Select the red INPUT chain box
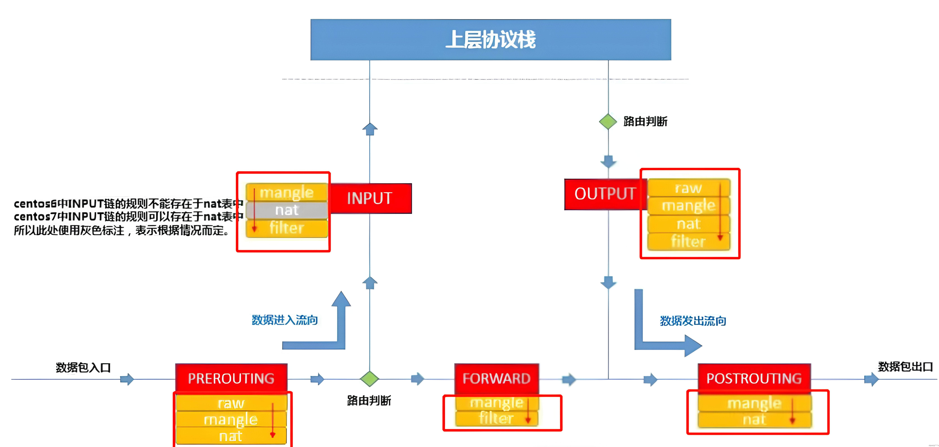[370, 198]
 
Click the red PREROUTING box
[231, 378]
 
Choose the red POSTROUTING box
[754, 378]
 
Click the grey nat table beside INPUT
[287, 210]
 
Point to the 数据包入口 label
[83, 367]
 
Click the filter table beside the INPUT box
[287, 228]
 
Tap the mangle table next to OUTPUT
[688, 206]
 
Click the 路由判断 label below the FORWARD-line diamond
[369, 400]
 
